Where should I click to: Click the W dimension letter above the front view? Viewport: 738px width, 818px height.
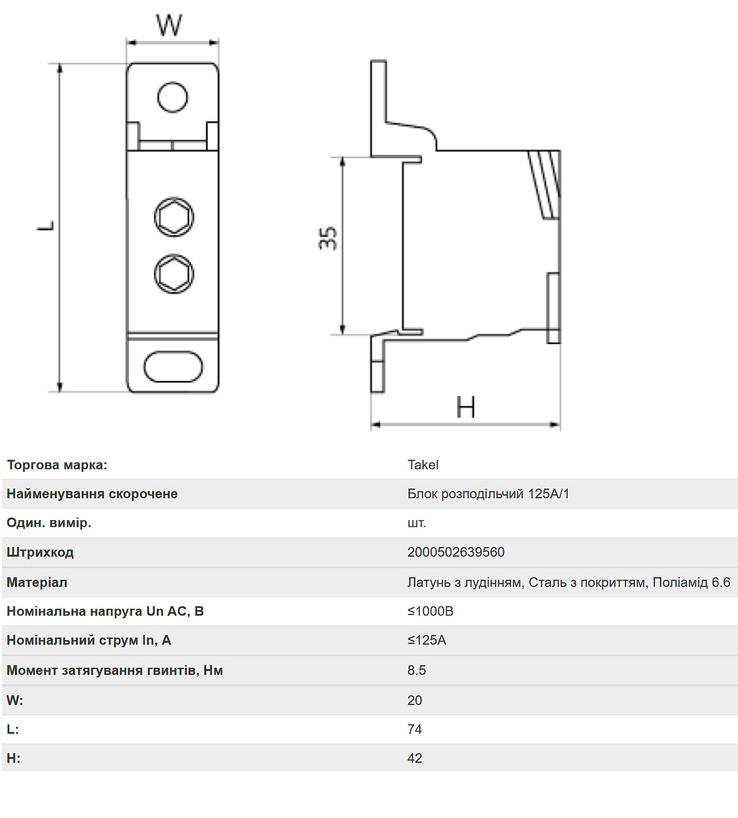pos(169,25)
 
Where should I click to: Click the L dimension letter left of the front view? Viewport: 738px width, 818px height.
pos(46,226)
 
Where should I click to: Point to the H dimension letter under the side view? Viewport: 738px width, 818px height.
pos(466,407)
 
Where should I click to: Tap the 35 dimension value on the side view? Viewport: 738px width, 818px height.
pos(328,238)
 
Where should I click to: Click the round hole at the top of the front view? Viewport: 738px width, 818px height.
pos(173,97)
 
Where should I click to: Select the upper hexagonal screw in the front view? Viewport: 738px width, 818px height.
pos(174,217)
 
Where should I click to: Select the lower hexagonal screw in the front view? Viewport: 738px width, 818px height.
pos(174,274)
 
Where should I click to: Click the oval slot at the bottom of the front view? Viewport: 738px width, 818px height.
pos(173,367)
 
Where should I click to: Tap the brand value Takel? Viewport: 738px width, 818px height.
pos(423,465)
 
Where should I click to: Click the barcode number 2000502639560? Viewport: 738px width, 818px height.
pos(455,552)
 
